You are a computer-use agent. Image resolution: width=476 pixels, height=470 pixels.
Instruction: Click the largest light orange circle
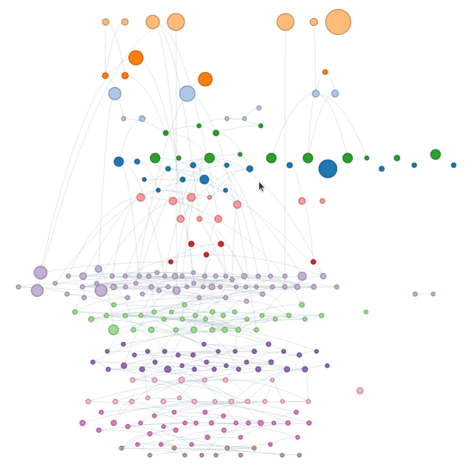[338, 22]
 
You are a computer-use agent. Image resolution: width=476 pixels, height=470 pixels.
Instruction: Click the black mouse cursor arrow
[261, 186]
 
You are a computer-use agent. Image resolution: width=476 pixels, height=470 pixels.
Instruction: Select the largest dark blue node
[327, 168]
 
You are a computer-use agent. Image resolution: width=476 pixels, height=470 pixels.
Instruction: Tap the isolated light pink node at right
[360, 390]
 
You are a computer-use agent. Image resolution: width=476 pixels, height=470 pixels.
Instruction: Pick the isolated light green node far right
[366, 312]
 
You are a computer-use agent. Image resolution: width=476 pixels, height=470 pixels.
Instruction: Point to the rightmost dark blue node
[453, 165]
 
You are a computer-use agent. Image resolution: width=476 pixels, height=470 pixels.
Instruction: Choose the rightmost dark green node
[435, 154]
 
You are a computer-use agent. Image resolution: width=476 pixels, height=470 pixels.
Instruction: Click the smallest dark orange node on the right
[325, 72]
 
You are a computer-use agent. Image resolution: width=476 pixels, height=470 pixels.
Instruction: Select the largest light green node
[113, 330]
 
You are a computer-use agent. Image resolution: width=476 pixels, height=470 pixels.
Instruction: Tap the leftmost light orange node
[106, 22]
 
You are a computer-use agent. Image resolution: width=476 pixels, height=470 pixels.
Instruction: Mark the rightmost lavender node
[433, 294]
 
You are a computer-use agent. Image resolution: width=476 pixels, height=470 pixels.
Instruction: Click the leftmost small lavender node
[18, 287]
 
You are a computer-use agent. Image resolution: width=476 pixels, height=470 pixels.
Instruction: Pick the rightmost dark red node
[313, 262]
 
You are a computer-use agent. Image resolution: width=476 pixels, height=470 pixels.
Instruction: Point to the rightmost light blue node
[335, 93]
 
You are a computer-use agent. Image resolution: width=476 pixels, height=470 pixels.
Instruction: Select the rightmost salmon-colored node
[322, 201]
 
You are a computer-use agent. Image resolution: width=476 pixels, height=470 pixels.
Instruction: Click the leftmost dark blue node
[119, 162]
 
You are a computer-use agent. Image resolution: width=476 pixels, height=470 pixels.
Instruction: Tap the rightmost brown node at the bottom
[299, 455]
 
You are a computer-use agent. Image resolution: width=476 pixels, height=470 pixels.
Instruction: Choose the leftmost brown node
[121, 448]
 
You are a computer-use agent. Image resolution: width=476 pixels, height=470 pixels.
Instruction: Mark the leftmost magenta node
[82, 423]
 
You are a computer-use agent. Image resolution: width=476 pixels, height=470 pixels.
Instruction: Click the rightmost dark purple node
[327, 365]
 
